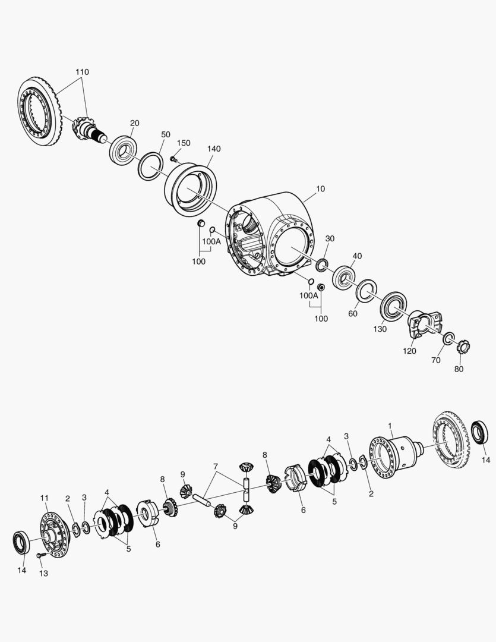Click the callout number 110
coord(82,72)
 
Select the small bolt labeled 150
coord(173,159)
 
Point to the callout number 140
coord(214,149)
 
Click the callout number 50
coord(165,135)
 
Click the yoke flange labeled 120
coord(423,323)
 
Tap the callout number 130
coord(380,329)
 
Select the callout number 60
coord(353,313)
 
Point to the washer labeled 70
coord(450,338)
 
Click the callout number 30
coord(330,238)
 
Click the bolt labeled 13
coord(41,555)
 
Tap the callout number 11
coord(44,498)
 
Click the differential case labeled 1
coord(394,453)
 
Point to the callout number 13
coord(43,574)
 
